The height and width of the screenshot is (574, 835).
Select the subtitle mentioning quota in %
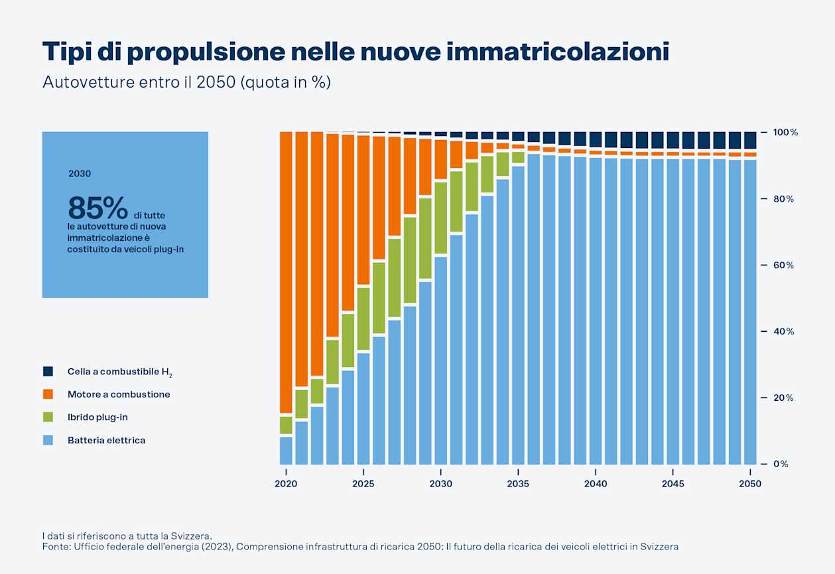[x=186, y=83]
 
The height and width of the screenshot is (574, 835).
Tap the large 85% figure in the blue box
[x=97, y=208]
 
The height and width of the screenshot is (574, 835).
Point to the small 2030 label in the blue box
[x=80, y=174]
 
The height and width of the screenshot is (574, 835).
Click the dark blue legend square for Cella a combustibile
[x=48, y=372]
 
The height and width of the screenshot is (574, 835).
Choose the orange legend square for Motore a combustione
[x=48, y=394]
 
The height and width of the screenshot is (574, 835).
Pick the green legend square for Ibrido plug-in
[x=48, y=417]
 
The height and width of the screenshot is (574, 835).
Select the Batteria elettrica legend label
[x=106, y=440]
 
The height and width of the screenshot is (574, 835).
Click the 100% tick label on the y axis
[x=785, y=133]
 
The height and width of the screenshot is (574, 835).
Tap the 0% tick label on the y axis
[x=781, y=464]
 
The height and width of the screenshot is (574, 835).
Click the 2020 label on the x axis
[x=286, y=484]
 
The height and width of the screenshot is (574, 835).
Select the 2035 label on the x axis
[x=518, y=484]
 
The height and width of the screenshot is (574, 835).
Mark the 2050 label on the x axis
[x=750, y=484]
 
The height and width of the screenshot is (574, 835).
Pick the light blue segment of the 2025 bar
[x=363, y=408]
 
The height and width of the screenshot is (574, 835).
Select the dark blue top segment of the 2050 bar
[x=750, y=140]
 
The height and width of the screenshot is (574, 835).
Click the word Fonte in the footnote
[x=55, y=546]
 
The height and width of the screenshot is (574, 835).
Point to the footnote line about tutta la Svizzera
[x=127, y=536]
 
